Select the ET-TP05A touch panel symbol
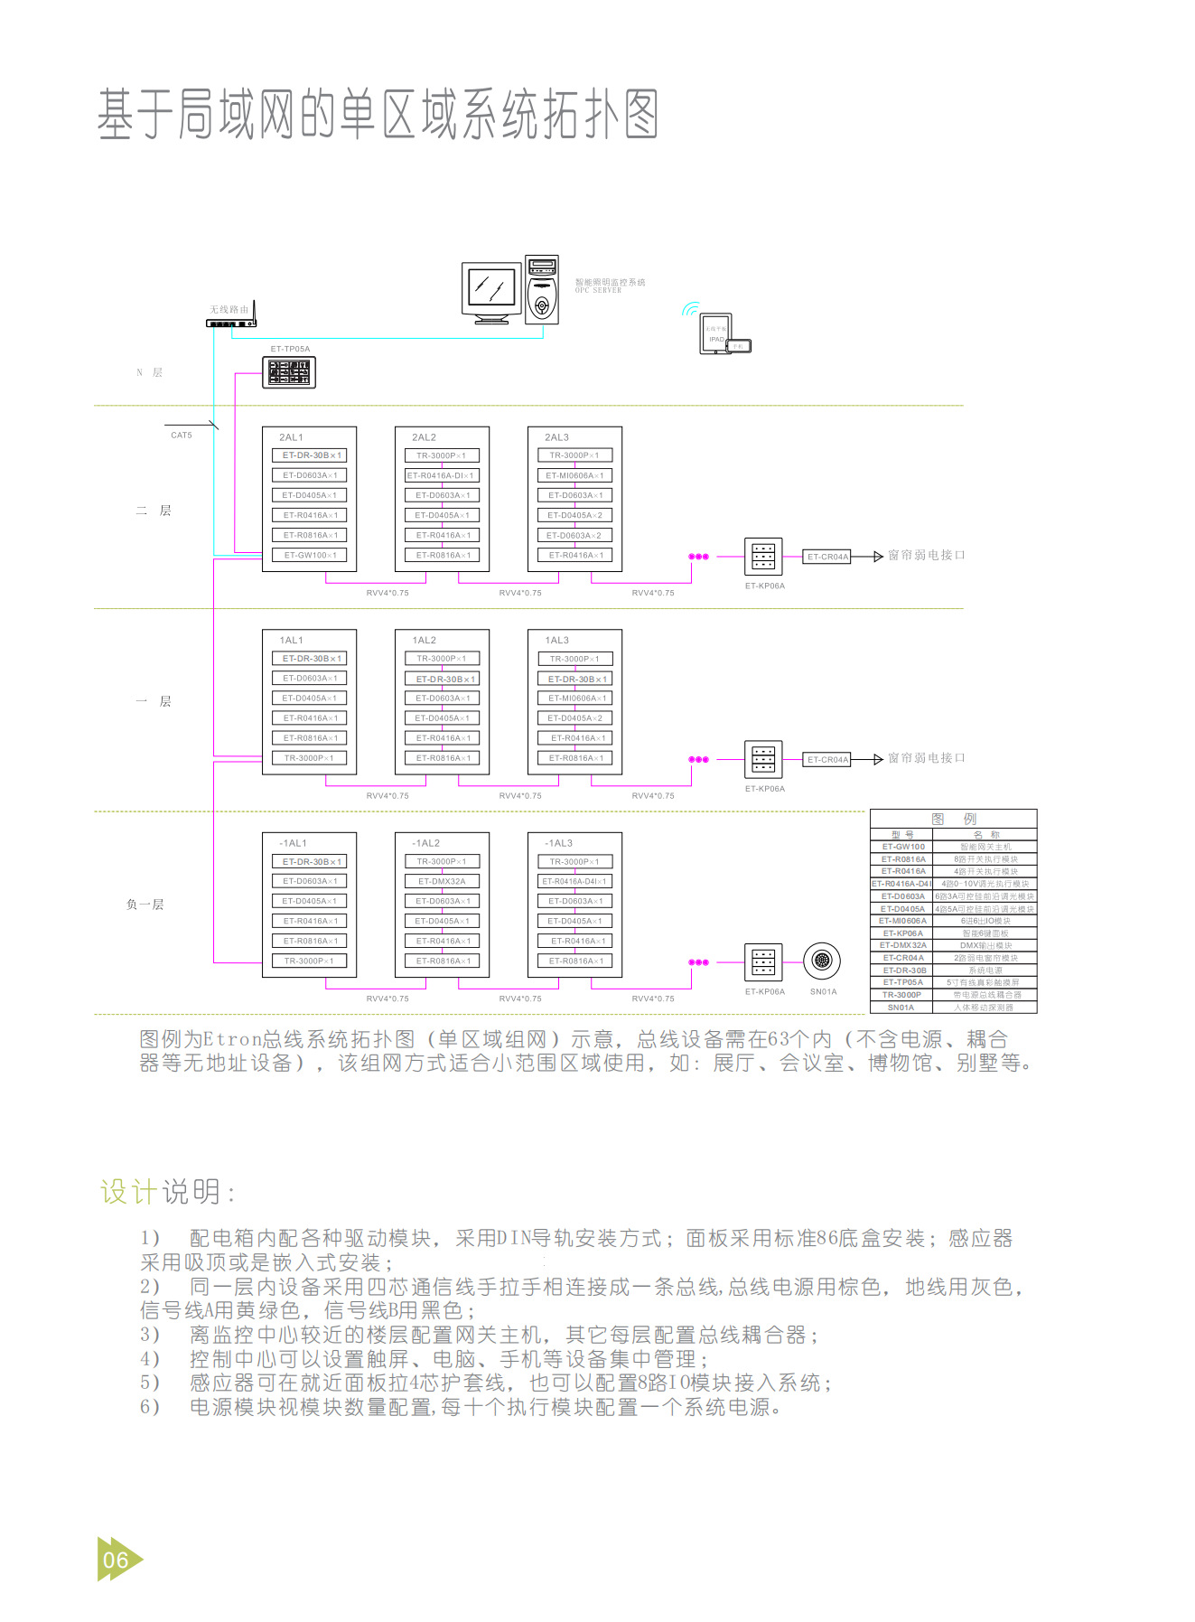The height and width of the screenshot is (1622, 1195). tap(289, 372)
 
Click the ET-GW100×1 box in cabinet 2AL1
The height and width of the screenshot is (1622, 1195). tap(310, 555)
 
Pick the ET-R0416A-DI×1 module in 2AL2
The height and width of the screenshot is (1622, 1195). tap(442, 475)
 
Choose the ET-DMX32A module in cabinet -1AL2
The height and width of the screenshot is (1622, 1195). tap(442, 881)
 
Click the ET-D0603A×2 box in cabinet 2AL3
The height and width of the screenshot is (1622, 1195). tap(574, 535)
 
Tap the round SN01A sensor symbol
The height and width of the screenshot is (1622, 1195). tap(822, 961)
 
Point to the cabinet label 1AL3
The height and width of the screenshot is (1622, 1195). tap(557, 640)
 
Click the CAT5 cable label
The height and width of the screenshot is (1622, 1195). tap(182, 436)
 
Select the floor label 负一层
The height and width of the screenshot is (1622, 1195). tap(145, 905)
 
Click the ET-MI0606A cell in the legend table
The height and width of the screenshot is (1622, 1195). tap(902, 921)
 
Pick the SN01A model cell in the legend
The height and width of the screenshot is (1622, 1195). tap(901, 1008)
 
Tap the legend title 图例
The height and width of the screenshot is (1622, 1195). tap(954, 819)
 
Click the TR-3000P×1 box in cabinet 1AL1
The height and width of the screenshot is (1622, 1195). tap(309, 758)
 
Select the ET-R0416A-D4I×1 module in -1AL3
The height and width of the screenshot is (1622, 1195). tap(574, 881)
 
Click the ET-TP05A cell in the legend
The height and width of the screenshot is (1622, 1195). tap(902, 982)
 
